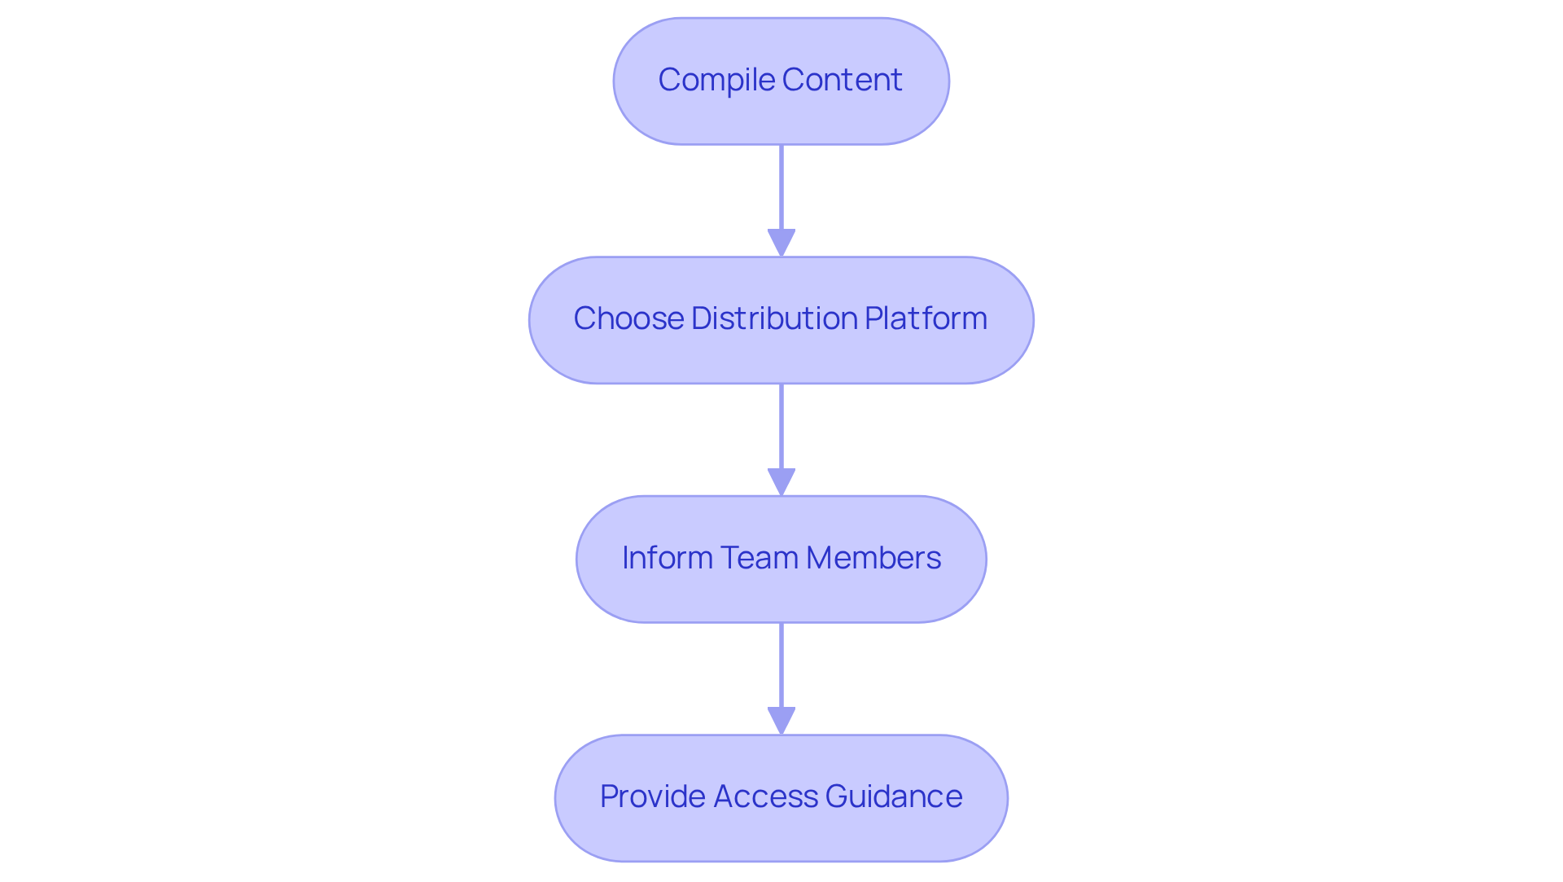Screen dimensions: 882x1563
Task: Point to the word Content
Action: click(842, 80)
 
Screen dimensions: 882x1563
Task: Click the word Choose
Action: click(628, 318)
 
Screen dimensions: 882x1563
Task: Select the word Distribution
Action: click(774, 318)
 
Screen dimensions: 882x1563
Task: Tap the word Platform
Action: click(926, 318)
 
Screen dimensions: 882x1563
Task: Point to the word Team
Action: click(759, 558)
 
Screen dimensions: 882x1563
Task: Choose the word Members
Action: click(873, 558)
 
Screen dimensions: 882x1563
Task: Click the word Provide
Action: click(653, 796)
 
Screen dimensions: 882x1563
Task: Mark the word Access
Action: click(764, 796)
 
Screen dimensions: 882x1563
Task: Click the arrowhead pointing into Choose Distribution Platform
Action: click(781, 243)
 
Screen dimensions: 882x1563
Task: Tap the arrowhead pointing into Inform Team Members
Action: click(781, 481)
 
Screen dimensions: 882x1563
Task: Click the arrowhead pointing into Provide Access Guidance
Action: click(781, 720)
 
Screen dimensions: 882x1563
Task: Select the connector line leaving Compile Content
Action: click(781, 187)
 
